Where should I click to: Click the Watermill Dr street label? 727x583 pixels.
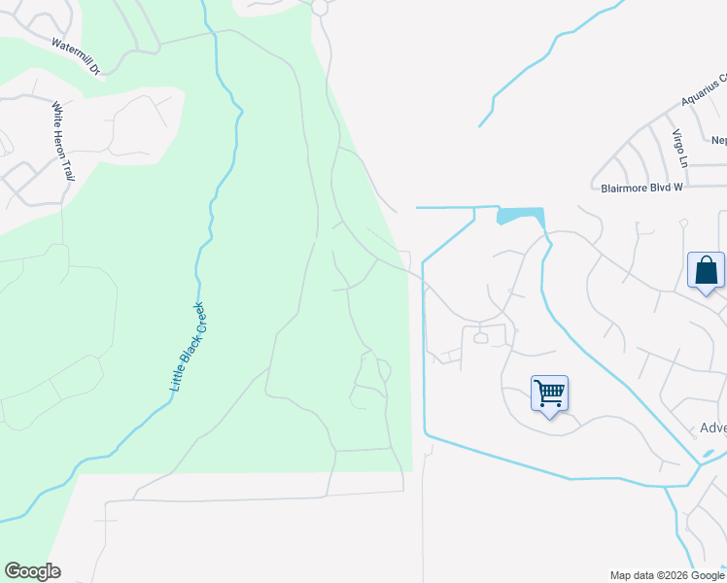tap(76, 55)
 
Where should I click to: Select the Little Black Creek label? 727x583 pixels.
tap(188, 347)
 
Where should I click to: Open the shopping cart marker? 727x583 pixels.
tap(549, 394)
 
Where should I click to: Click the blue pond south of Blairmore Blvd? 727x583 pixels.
tap(519, 215)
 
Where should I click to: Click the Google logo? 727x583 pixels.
tap(32, 571)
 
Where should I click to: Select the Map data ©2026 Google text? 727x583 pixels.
tap(667, 575)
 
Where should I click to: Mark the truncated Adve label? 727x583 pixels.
tap(712, 429)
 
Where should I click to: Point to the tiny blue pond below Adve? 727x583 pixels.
tap(709, 454)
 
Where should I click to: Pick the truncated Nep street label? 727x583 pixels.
tap(718, 140)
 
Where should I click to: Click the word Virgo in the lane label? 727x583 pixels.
tap(679, 141)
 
